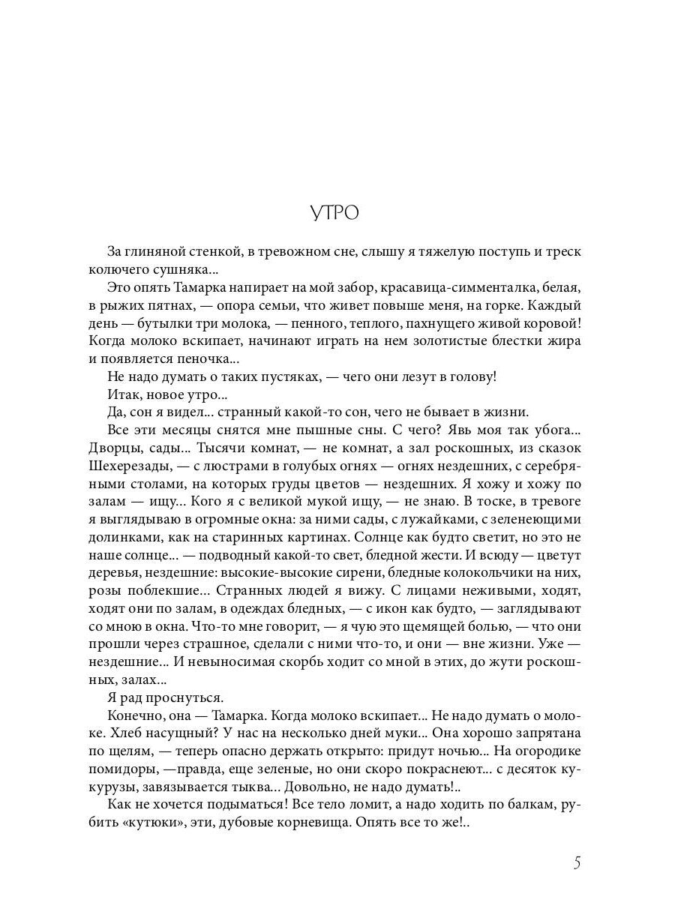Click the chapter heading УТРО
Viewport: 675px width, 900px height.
coord(334,213)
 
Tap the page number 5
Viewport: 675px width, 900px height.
coord(577,862)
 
